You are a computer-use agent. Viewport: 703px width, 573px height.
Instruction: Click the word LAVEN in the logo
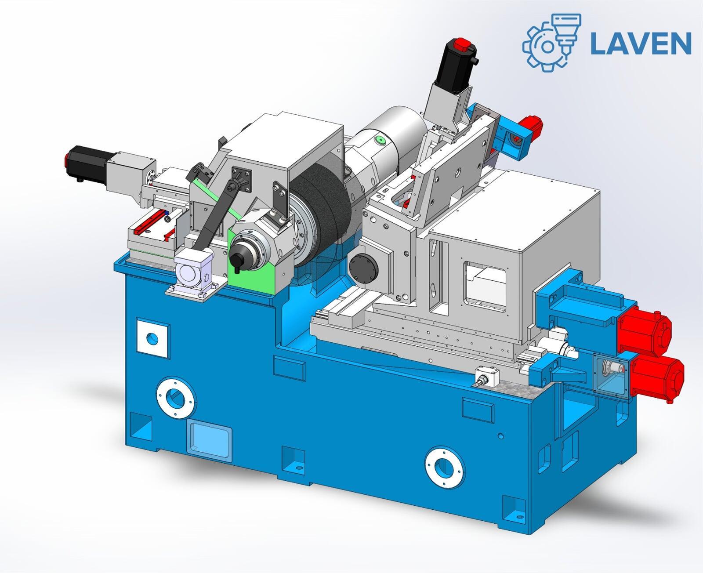pyautogui.click(x=641, y=43)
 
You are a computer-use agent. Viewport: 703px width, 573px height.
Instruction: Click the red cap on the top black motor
pyautogui.click(x=462, y=44)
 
